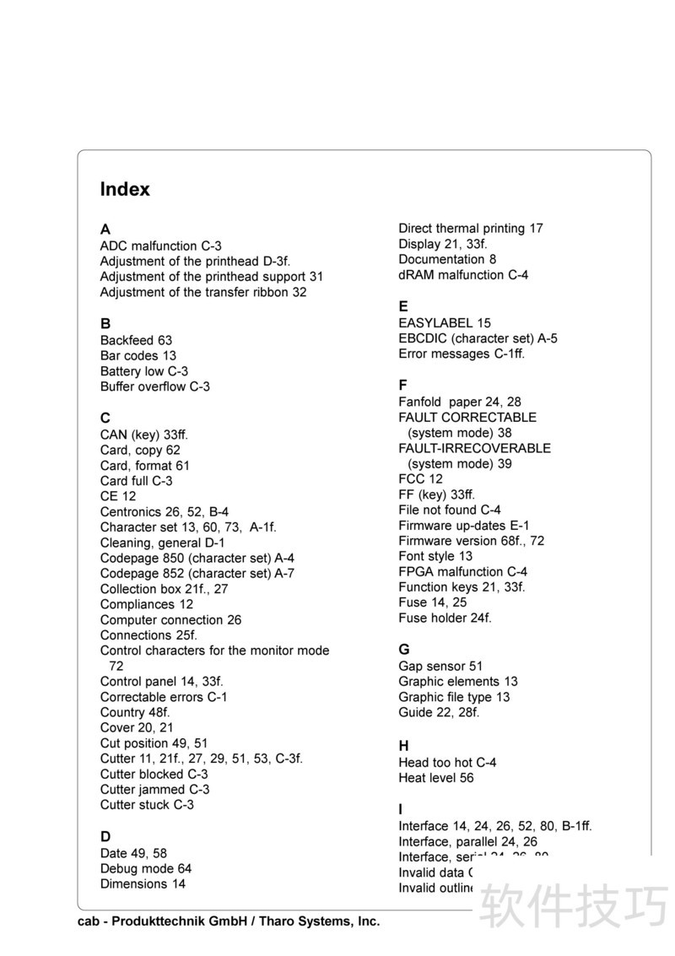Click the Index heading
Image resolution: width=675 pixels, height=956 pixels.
point(125,190)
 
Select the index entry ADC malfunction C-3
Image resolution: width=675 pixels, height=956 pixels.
point(160,246)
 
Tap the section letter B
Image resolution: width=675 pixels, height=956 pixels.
point(105,323)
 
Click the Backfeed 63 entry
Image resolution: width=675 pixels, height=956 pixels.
point(136,340)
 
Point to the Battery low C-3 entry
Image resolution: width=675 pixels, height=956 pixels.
point(143,371)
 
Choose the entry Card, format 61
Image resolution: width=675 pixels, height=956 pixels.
point(144,465)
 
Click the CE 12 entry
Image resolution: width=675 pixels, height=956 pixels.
point(117,496)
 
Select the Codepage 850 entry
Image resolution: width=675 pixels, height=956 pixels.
point(197,558)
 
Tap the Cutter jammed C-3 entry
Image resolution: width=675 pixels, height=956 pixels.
point(154,789)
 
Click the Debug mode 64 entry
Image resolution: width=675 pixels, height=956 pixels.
point(145,868)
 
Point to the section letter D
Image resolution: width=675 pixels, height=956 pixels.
point(105,837)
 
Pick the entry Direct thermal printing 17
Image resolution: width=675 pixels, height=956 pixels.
point(470,228)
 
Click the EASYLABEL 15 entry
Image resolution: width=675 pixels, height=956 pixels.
point(444,322)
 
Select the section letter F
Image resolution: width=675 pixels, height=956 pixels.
point(403,385)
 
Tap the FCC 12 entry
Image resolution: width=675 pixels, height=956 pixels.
point(420,478)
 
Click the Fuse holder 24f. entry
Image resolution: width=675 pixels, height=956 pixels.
point(445,618)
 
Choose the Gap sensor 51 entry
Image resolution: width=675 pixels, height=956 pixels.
point(440,666)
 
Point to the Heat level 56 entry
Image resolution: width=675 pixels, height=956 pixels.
point(435,778)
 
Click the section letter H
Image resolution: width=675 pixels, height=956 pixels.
point(403,746)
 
